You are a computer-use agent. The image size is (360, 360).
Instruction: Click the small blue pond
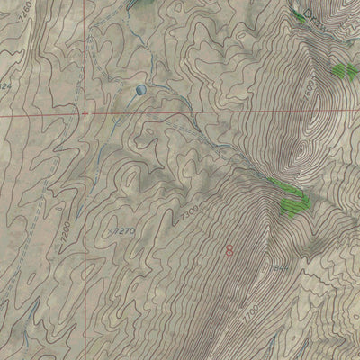point(140,90)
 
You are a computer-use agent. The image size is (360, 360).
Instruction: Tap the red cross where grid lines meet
point(85,114)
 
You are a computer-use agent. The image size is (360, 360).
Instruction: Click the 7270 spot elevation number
point(125,230)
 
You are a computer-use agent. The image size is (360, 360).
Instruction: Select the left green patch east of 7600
point(339,69)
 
